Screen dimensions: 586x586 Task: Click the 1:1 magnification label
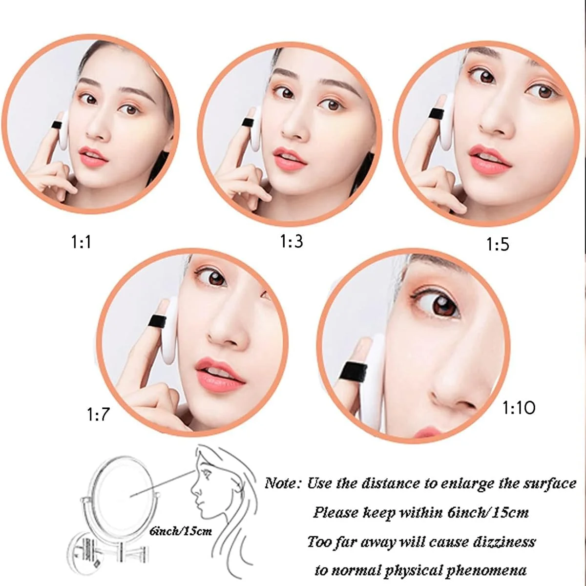[81, 242]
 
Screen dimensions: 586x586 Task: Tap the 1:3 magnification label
[292, 241]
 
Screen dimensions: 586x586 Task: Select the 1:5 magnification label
[498, 244]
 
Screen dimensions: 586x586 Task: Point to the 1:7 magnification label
[98, 414]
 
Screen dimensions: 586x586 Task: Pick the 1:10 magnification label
[519, 408]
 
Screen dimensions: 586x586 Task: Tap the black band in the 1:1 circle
[57, 125]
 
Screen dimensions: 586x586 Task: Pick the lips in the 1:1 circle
[93, 156]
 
